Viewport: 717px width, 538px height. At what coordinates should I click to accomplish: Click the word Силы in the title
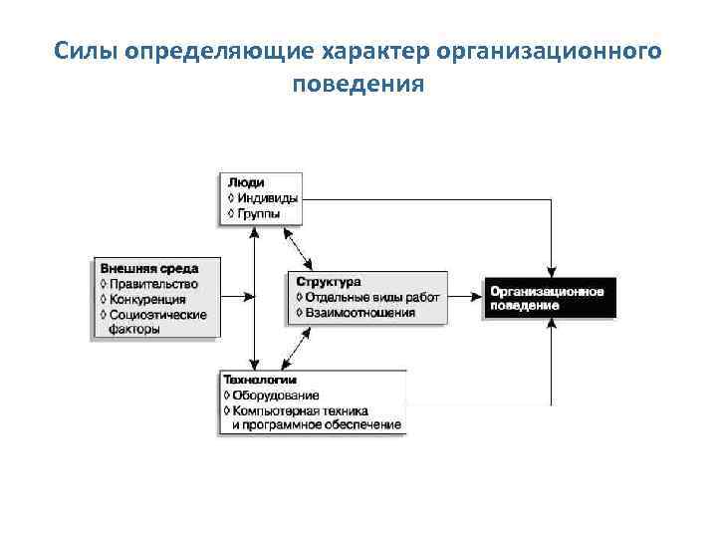coord(84,50)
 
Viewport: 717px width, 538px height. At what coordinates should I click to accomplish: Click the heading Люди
coord(246,183)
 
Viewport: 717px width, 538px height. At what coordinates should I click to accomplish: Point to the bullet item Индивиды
coord(267,198)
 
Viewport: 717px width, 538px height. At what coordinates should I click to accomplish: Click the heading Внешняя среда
coord(148,268)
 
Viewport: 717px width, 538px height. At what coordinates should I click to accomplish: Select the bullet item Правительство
coord(154,284)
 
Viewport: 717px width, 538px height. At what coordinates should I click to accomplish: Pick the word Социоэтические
coord(158,315)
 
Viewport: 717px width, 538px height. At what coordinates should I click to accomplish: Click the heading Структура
coord(328,282)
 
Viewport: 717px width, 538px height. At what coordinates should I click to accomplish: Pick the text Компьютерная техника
coord(301,410)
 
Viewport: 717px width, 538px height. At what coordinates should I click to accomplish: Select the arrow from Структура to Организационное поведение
coord(465,296)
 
